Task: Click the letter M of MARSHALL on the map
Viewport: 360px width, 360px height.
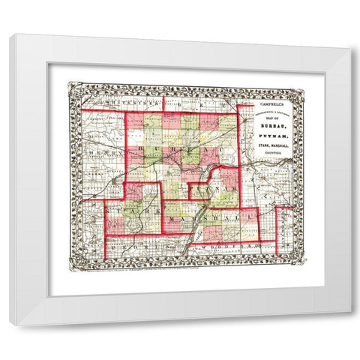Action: click(175, 217)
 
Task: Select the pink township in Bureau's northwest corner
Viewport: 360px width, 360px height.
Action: click(133, 121)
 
